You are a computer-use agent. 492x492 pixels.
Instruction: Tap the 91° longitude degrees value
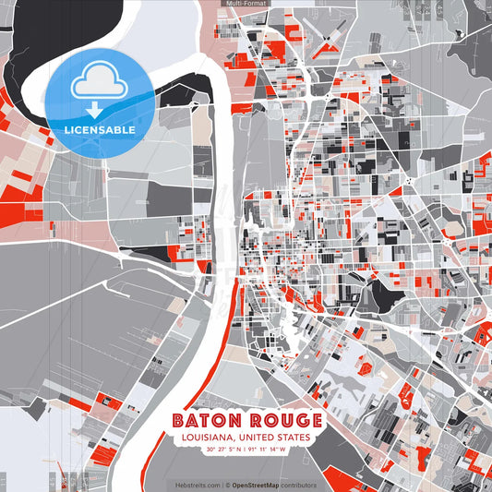pos(252,450)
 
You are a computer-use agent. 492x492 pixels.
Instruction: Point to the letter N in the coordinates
pos(237,450)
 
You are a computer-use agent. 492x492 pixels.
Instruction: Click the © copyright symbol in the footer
pos(228,485)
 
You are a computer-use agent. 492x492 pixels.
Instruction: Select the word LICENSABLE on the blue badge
pos(100,130)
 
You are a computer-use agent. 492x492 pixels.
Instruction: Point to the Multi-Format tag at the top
pos(246,4)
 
